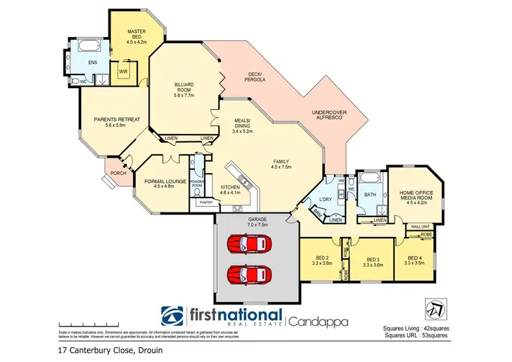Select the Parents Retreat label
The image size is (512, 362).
click(117, 122)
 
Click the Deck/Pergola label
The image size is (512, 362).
click(254, 76)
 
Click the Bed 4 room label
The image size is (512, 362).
click(416, 259)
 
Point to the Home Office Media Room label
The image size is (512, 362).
click(416, 197)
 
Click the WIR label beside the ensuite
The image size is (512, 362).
click(124, 71)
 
